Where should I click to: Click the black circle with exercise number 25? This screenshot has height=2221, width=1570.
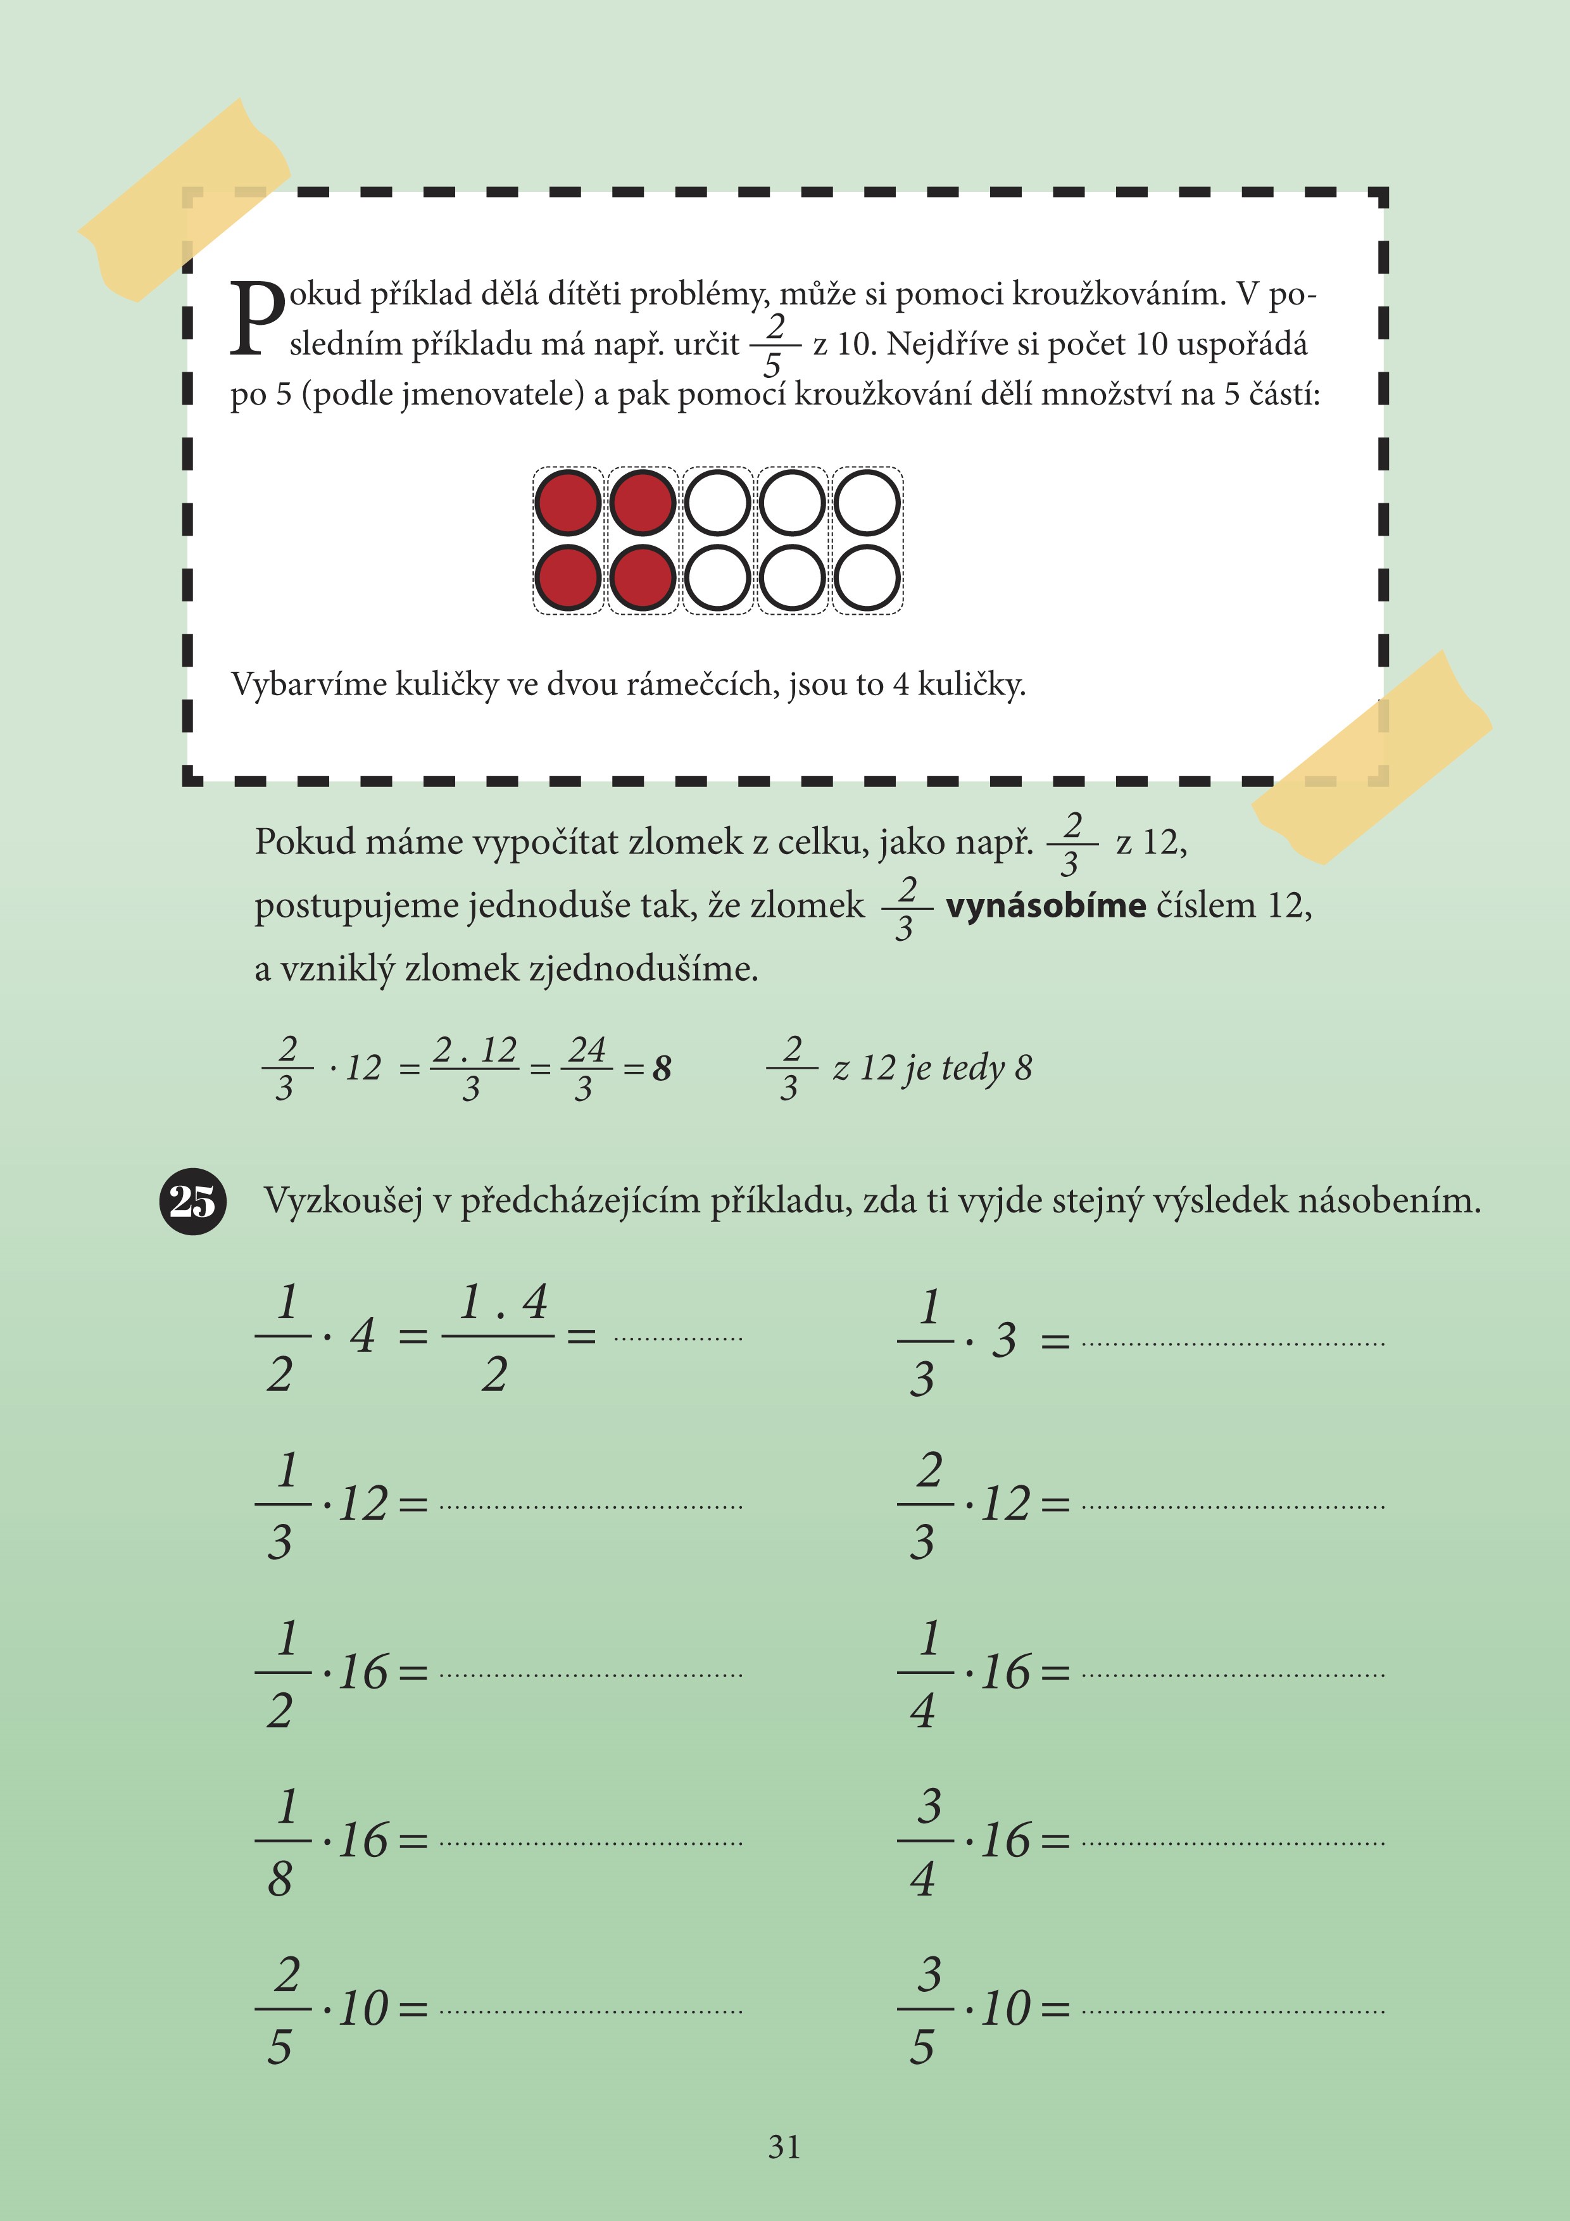point(192,1202)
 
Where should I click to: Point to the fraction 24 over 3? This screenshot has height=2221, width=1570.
point(585,1068)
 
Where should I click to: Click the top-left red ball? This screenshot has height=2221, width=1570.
point(568,503)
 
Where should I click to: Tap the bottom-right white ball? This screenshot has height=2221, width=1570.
point(867,577)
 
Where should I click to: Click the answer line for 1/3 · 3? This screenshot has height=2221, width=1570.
point(1233,1343)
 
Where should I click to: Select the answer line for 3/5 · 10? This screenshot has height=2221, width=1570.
point(1233,2011)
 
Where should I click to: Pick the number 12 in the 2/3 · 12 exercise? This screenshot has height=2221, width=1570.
point(1005,1504)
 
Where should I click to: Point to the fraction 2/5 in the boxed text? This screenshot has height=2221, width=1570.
point(774,345)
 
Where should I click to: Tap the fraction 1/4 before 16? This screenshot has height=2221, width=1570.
point(926,1673)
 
